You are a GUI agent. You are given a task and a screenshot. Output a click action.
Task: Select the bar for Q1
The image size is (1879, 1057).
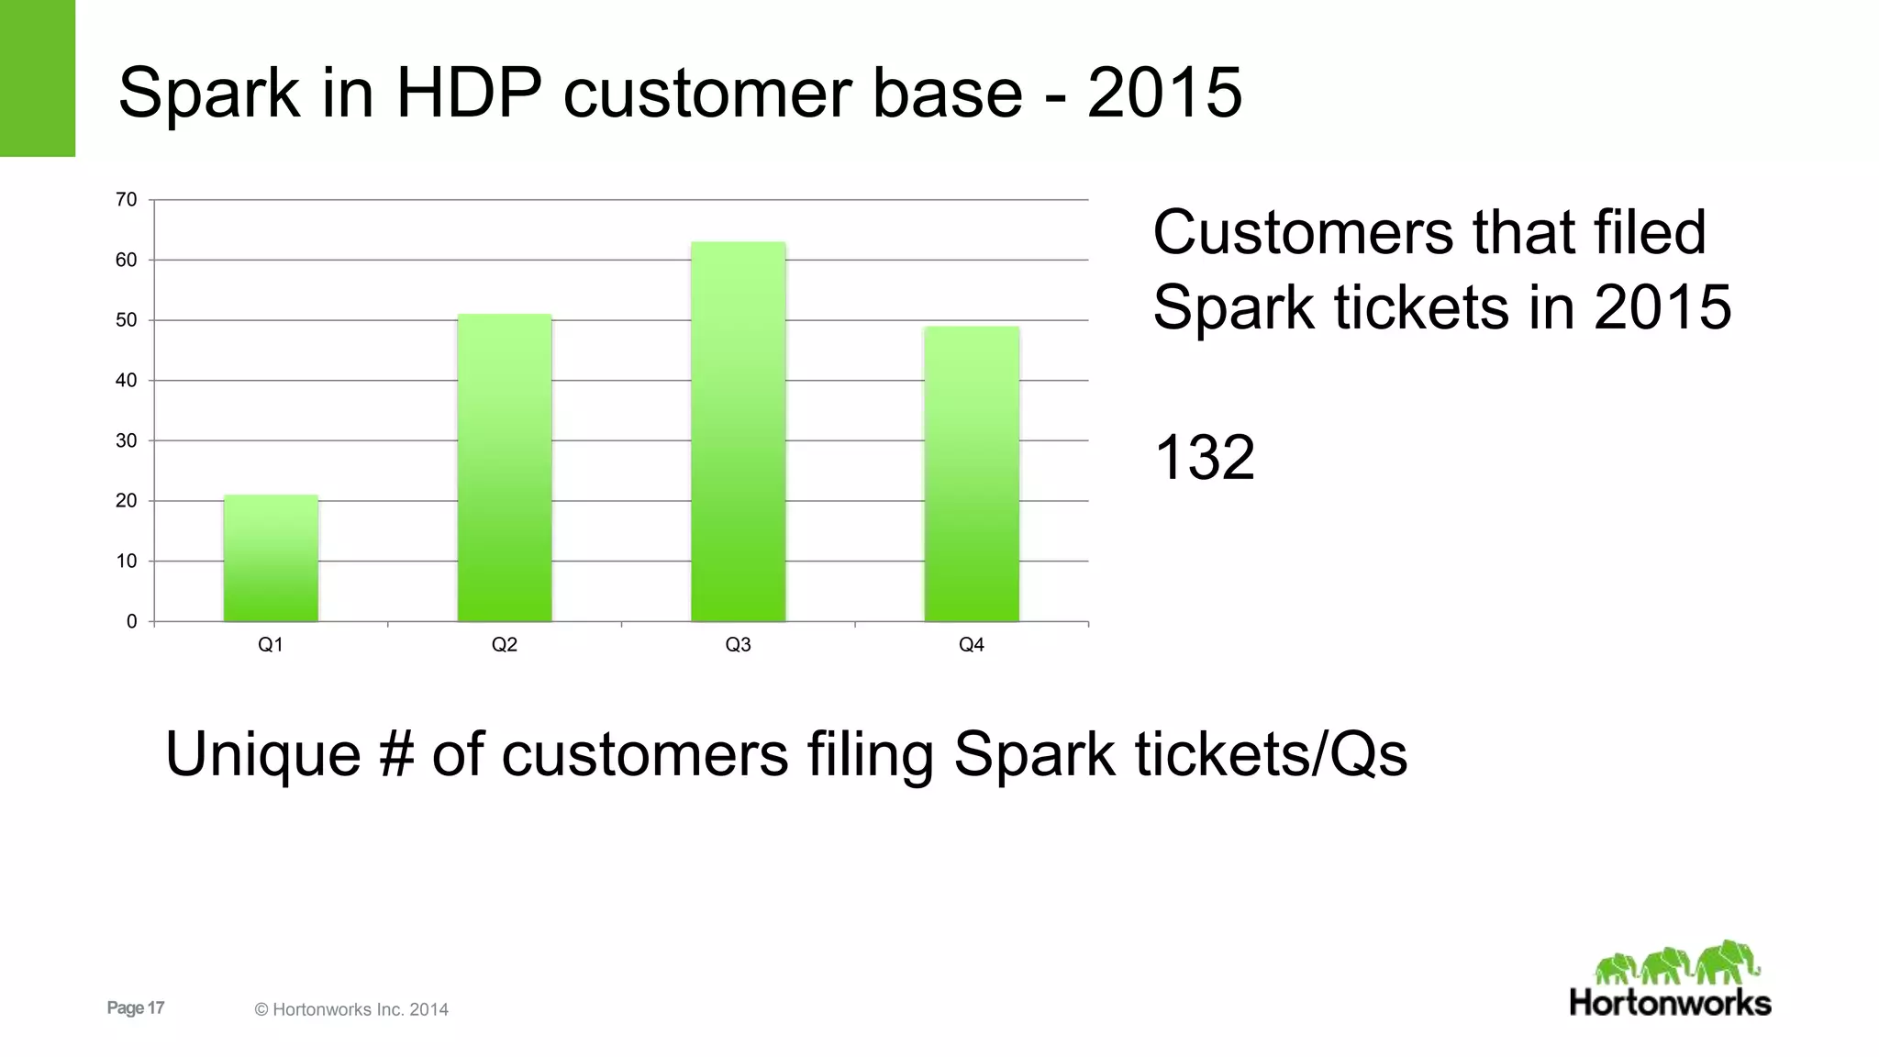(x=271, y=559)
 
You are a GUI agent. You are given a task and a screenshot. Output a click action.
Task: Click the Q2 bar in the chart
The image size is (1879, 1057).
(x=505, y=468)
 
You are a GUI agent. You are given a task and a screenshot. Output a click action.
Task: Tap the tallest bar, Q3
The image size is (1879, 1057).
(x=739, y=431)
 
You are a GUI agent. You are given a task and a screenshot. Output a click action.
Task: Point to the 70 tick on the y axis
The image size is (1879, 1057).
(x=127, y=199)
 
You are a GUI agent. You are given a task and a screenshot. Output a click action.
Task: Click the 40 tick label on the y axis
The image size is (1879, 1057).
(x=127, y=380)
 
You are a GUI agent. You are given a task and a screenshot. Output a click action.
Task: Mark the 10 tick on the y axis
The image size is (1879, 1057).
(x=127, y=561)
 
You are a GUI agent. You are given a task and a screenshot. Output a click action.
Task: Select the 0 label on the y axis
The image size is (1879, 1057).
(x=131, y=621)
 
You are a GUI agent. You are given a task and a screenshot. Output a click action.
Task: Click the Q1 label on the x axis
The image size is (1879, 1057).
(x=271, y=645)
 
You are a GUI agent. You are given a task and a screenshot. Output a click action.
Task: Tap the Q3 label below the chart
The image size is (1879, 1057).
(x=739, y=645)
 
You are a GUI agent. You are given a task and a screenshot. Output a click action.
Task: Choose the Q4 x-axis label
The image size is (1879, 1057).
(x=972, y=645)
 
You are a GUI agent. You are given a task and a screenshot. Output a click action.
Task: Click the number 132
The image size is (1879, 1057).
(x=1204, y=457)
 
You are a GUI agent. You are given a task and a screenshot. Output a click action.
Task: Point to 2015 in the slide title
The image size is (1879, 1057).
(x=1164, y=93)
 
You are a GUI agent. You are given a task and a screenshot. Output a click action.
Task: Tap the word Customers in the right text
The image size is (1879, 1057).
(x=1303, y=232)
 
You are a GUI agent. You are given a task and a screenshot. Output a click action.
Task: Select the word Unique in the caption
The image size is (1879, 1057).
(x=262, y=754)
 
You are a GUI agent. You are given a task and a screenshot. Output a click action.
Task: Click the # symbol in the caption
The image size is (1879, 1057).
(x=395, y=754)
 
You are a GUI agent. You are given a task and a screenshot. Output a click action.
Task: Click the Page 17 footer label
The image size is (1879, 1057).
(x=136, y=1007)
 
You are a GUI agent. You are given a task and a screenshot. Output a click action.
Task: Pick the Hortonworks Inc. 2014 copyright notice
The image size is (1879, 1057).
(x=351, y=1009)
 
